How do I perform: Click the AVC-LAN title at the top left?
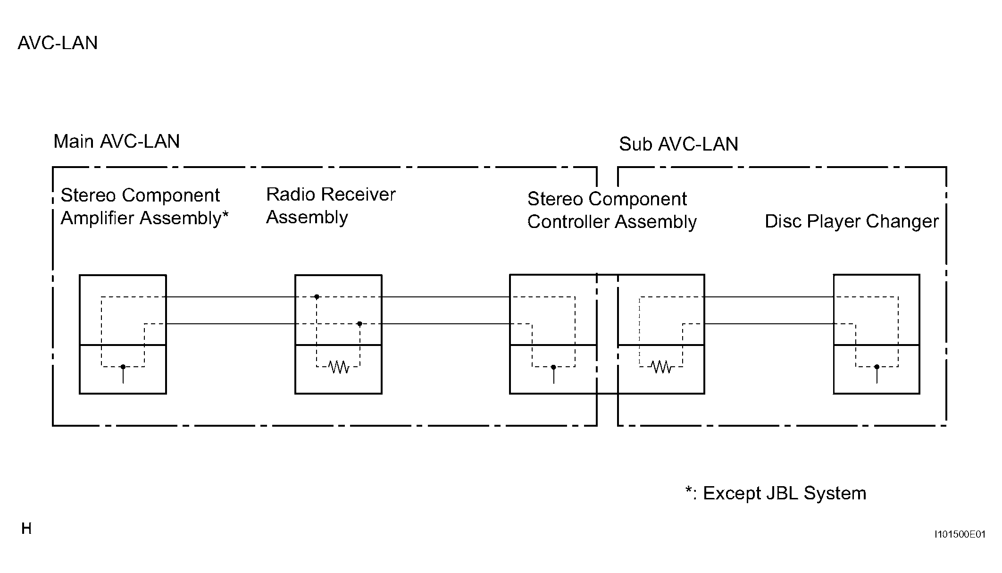pyautogui.click(x=58, y=43)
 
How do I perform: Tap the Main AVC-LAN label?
pyautogui.click(x=117, y=141)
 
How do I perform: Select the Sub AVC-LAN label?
pyautogui.click(x=678, y=144)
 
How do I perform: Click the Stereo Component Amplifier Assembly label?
pyautogui.click(x=144, y=207)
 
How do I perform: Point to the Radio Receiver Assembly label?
pyautogui.click(x=331, y=206)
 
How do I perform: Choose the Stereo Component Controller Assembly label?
pyautogui.click(x=612, y=211)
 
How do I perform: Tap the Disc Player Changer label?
pyautogui.click(x=852, y=221)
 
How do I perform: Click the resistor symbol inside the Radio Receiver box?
pyautogui.click(x=338, y=366)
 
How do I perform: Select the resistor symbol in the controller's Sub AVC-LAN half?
pyautogui.click(x=661, y=366)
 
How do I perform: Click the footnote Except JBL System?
pyautogui.click(x=776, y=493)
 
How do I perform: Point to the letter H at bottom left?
pyautogui.click(x=26, y=529)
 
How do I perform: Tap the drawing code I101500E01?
pyautogui.click(x=960, y=534)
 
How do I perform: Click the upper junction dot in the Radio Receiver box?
pyautogui.click(x=317, y=297)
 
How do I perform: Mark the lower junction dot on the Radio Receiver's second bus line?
pyautogui.click(x=359, y=324)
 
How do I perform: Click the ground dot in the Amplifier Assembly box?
pyautogui.click(x=123, y=367)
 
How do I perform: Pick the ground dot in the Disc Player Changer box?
pyautogui.click(x=877, y=367)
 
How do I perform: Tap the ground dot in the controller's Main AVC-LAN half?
pyautogui.click(x=553, y=367)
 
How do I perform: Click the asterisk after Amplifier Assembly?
pyautogui.click(x=225, y=215)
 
